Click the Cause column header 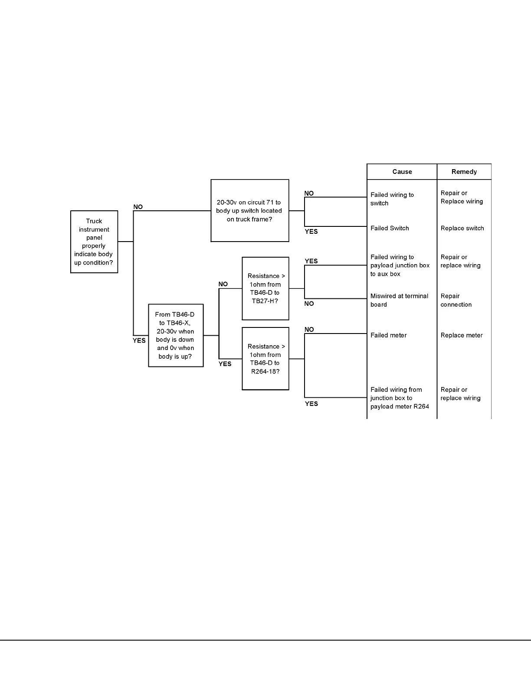[402, 172]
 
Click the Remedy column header [464, 172]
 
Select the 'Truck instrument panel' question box [94, 242]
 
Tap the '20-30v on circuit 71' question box [249, 211]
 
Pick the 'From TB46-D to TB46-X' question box [176, 335]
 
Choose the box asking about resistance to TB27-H [265, 288]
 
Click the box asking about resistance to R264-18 [265, 359]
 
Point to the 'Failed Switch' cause [390, 228]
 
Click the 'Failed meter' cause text [388, 335]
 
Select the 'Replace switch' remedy [462, 228]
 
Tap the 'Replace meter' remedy [462, 335]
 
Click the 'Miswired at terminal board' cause [399, 300]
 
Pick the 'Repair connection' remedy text [456, 300]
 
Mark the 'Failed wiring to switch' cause [392, 199]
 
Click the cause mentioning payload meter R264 [399, 398]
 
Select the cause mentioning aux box [400, 265]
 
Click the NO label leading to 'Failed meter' [309, 330]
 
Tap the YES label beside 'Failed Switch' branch [311, 232]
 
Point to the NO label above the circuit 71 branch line [138, 207]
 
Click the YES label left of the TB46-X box [139, 340]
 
